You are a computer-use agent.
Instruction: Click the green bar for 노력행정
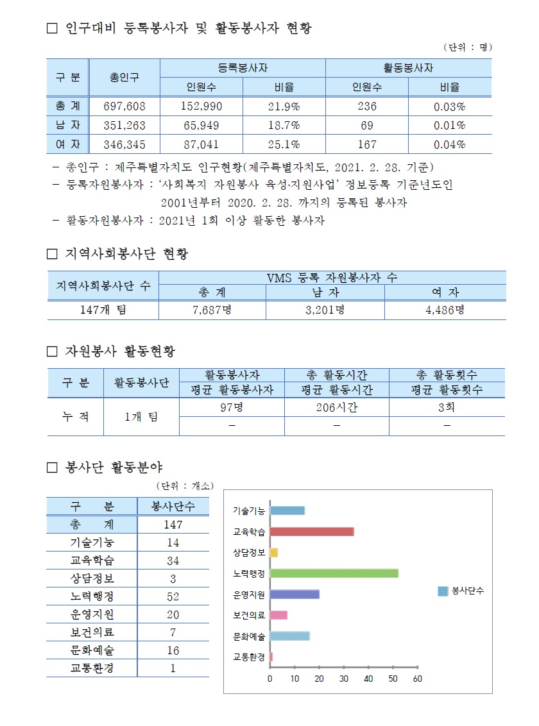[x=334, y=573]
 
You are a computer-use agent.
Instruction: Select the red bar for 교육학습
[x=312, y=532]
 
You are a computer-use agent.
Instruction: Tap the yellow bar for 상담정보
[x=274, y=552]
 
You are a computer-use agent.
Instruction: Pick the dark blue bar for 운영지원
[x=295, y=595]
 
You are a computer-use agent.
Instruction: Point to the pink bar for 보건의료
[x=278, y=615]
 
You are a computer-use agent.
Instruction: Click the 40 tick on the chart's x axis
[x=368, y=679]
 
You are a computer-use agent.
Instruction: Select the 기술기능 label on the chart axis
[x=249, y=511]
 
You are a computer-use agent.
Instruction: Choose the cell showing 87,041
[x=201, y=144]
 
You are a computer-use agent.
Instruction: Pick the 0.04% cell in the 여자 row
[x=449, y=144]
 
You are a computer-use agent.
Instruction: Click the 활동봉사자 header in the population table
[x=408, y=67]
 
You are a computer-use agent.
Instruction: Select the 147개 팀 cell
[x=103, y=310]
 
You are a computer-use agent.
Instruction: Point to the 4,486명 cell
[x=445, y=310]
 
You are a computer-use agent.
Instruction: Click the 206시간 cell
[x=336, y=407]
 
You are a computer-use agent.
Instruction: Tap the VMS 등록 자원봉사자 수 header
[x=332, y=277]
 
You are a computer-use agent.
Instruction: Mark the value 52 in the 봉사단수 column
[x=173, y=596]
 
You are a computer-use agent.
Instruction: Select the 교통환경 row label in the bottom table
[x=92, y=668]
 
